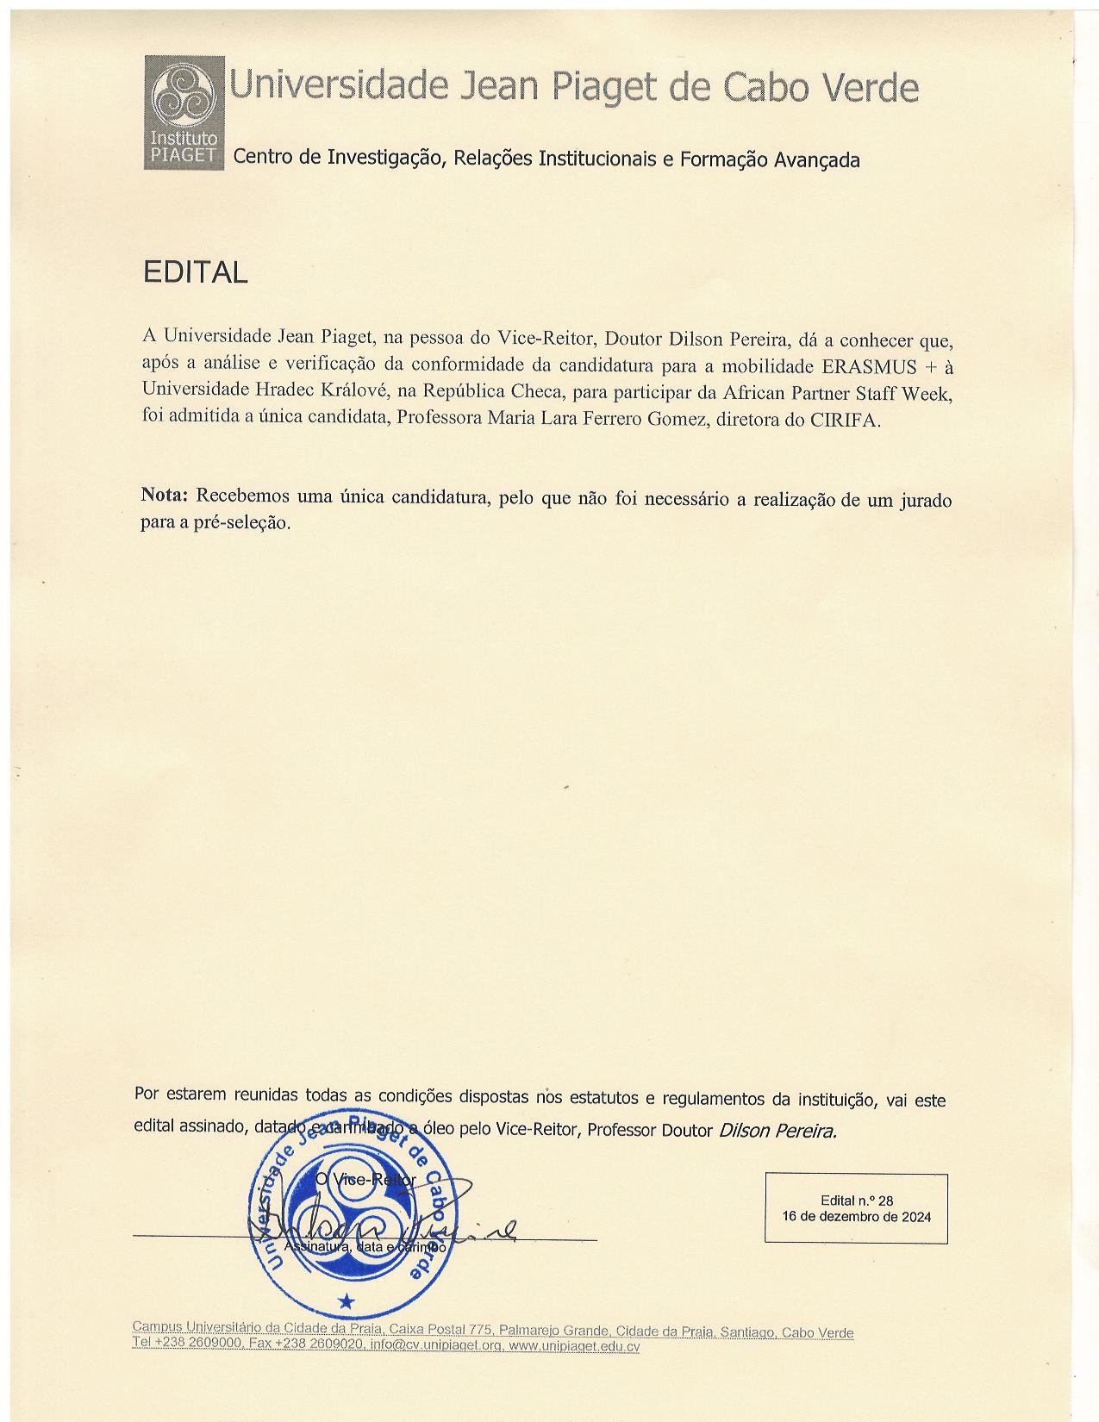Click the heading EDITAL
point(195,272)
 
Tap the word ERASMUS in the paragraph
point(870,365)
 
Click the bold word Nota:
point(164,496)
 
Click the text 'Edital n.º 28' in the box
point(856,1201)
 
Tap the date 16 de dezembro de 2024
point(856,1217)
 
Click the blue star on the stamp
point(346,1299)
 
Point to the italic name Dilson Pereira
point(777,1131)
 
